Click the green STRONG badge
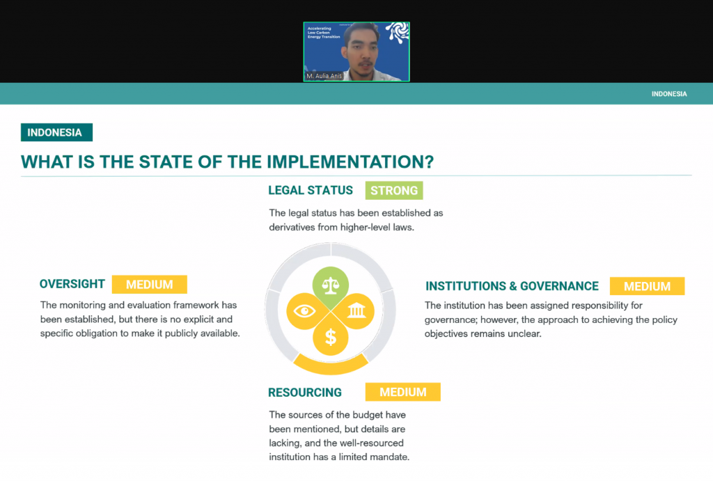point(394,191)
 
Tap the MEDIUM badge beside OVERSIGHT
point(149,285)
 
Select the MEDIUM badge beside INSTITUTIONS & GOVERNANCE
point(647,286)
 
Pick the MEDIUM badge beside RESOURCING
point(403,392)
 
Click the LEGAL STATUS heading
point(311,191)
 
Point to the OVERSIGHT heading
point(72,284)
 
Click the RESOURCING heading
point(305,393)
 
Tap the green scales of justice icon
point(331,285)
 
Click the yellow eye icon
point(304,311)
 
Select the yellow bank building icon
point(356,311)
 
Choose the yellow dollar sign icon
point(331,338)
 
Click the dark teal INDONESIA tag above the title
point(57,132)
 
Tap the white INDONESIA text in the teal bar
point(669,94)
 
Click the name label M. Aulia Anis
point(324,76)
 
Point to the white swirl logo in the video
point(398,32)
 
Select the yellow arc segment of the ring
point(331,366)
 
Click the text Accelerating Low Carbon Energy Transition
point(323,33)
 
